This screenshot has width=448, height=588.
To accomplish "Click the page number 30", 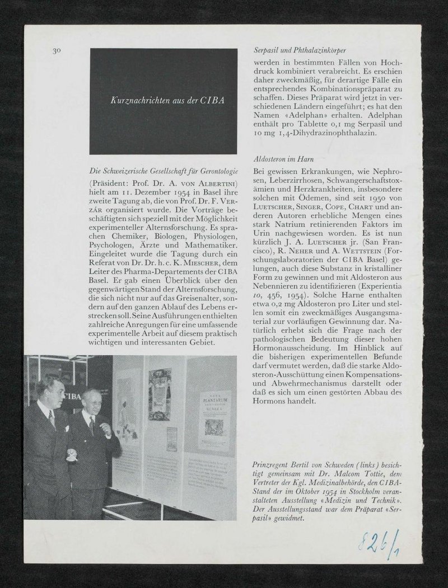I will pyautogui.click(x=57, y=51).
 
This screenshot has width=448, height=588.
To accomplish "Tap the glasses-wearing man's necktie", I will pyautogui.click(x=91, y=425).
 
